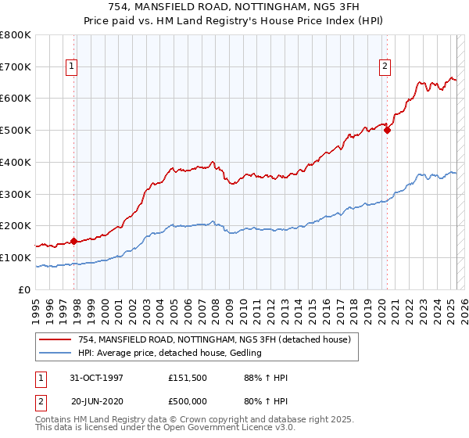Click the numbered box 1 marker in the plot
click(x=71, y=67)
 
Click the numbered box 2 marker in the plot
click(x=385, y=67)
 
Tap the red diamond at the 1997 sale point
click(x=74, y=241)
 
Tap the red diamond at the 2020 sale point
click(x=388, y=131)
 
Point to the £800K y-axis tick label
click(x=16, y=35)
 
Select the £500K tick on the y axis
click(x=16, y=131)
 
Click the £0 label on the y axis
click(x=24, y=289)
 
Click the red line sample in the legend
click(x=55, y=339)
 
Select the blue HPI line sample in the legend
click(x=55, y=353)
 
